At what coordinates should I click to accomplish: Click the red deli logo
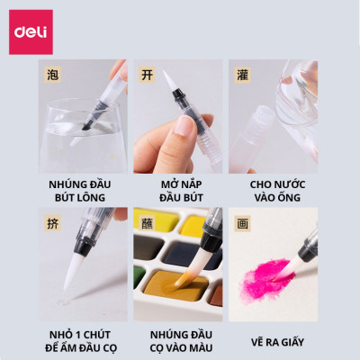click(x=31, y=31)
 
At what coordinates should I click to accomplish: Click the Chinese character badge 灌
click(x=241, y=73)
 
